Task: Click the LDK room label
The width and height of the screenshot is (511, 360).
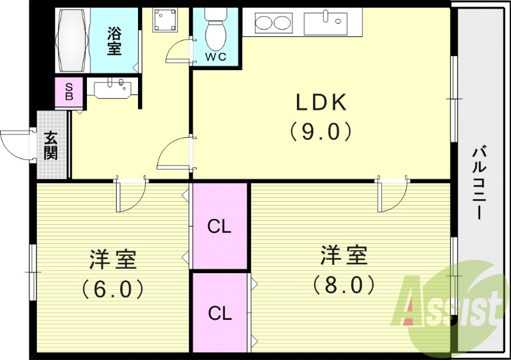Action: click(x=320, y=102)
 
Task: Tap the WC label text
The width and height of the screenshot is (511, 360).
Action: click(x=215, y=56)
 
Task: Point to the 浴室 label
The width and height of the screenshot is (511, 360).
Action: click(x=114, y=40)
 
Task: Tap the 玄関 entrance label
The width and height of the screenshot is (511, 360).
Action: click(x=51, y=146)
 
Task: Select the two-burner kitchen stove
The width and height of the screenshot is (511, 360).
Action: click(x=273, y=23)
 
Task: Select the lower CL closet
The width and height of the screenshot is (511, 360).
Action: click(x=219, y=312)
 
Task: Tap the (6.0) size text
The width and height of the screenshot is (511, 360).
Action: click(x=112, y=289)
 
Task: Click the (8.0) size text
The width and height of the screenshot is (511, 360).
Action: click(x=343, y=284)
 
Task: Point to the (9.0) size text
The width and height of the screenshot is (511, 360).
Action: click(x=321, y=132)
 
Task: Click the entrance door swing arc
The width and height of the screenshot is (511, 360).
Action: click(x=17, y=144)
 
